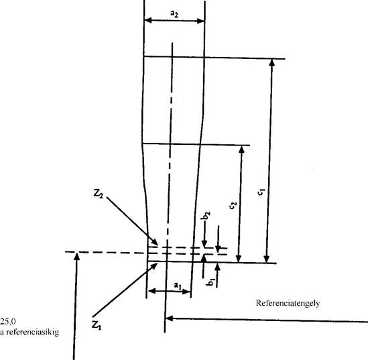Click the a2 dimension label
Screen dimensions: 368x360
[x=174, y=14]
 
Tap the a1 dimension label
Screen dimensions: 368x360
[x=178, y=286]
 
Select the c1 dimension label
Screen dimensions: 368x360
[x=261, y=192]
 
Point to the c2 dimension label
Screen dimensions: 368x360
[x=233, y=205]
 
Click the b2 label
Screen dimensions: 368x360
[x=206, y=216]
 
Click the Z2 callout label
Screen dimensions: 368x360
[x=99, y=194]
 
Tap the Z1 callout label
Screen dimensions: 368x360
[x=97, y=325]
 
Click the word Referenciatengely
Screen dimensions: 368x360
[x=288, y=303]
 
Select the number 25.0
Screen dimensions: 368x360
[x=8, y=321]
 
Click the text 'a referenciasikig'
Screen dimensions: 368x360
[x=29, y=333]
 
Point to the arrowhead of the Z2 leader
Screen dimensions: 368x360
[x=155, y=243]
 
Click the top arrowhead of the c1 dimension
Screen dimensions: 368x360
[x=271, y=62]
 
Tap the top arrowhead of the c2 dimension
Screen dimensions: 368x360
[x=242, y=149]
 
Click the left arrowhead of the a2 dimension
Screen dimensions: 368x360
[x=148, y=21]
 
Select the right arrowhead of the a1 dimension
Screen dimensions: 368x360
[x=186, y=292]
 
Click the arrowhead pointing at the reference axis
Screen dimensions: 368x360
[x=169, y=318]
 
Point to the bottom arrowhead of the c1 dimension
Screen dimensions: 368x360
[x=267, y=259]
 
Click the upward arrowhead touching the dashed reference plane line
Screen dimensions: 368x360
[x=76, y=256]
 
